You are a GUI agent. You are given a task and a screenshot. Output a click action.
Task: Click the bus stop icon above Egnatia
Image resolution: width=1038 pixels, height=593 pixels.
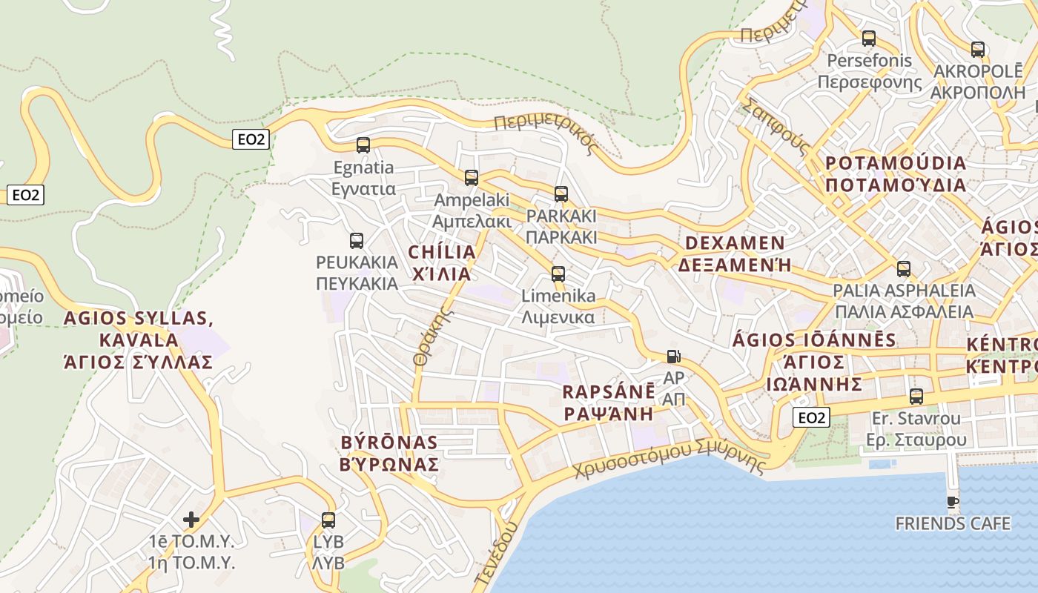click(363, 145)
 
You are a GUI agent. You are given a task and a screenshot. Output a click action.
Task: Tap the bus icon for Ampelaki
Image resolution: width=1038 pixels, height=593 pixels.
click(472, 178)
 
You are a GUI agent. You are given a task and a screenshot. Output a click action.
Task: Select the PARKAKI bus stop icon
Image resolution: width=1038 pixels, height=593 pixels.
click(561, 194)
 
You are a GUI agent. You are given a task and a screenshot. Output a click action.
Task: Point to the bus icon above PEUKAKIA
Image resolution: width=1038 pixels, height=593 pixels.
click(357, 241)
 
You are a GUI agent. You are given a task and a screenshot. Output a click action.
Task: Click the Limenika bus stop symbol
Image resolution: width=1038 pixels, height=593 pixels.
click(558, 274)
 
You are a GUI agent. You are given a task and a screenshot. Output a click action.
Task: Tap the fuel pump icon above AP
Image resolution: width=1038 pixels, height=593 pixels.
click(673, 357)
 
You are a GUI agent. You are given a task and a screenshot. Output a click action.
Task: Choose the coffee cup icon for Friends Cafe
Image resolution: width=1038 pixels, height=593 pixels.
click(953, 502)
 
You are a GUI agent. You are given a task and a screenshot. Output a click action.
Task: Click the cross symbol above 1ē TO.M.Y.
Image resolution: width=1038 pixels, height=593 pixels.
click(191, 519)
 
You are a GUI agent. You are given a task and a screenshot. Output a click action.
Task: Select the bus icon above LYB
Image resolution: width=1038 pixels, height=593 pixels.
click(328, 520)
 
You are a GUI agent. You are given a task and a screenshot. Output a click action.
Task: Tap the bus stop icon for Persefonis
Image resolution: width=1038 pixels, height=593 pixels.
click(869, 38)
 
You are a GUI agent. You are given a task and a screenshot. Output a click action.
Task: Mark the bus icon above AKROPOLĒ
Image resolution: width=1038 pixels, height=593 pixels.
click(978, 50)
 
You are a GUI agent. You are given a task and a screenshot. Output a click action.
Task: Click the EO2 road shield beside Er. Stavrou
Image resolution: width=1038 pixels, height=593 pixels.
click(811, 418)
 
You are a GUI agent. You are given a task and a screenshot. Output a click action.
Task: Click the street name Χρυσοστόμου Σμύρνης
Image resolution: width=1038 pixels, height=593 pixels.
click(670, 460)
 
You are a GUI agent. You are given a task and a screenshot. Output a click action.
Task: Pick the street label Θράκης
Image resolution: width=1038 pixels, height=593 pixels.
click(433, 336)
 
